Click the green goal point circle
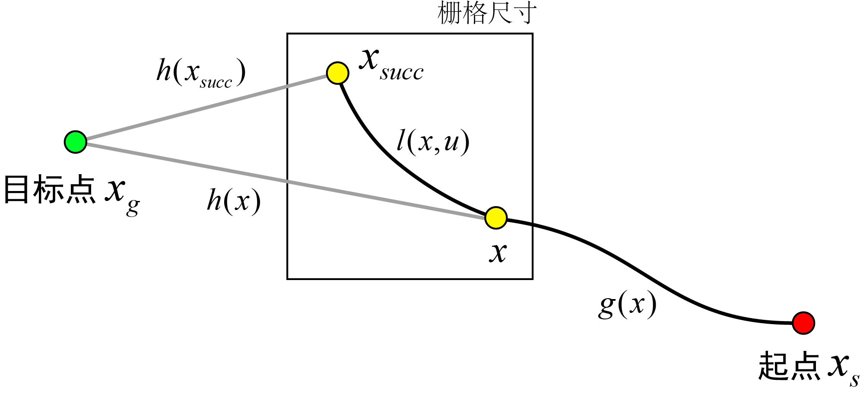click(x=76, y=142)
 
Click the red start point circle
click(x=803, y=323)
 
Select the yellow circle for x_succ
click(x=337, y=73)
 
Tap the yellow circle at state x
click(x=495, y=217)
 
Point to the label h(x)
click(x=234, y=201)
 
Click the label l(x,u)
click(x=433, y=142)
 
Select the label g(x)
click(x=627, y=305)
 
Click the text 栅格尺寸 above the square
click(x=487, y=13)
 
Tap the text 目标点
click(x=50, y=189)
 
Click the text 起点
click(x=789, y=366)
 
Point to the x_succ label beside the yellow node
click(x=391, y=65)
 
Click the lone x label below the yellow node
click(x=498, y=252)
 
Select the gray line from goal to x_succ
click(x=203, y=108)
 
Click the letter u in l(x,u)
click(x=451, y=143)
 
